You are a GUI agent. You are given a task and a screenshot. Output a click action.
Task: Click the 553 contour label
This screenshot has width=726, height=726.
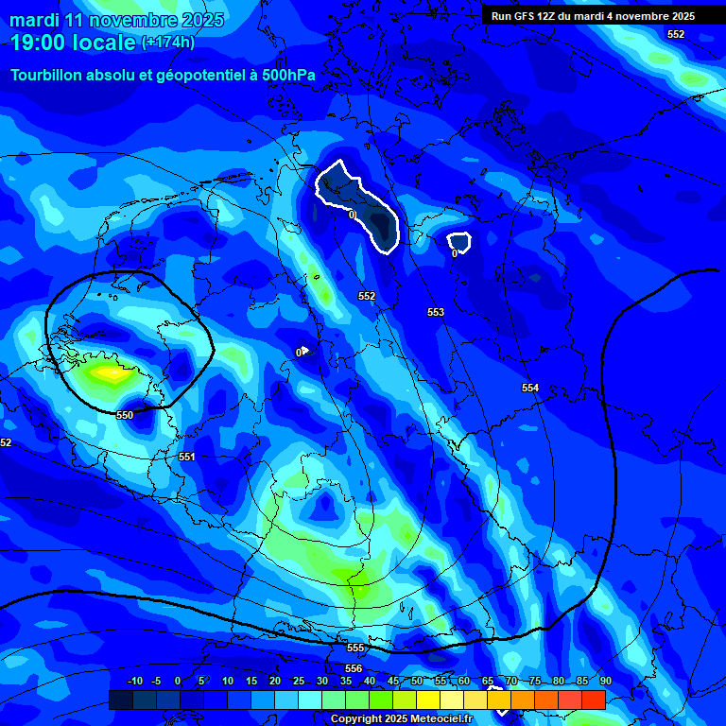pos(435,312)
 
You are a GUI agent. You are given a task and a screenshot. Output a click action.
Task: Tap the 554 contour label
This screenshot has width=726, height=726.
pos(530,388)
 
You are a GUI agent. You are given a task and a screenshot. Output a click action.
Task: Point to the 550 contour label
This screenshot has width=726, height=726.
pos(125,415)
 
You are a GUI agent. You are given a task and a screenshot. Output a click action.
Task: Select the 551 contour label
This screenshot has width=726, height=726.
pos(187,457)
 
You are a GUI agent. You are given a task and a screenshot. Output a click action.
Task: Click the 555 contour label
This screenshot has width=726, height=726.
pos(355,648)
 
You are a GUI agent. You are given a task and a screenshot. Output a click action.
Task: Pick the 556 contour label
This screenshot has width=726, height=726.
pos(354,668)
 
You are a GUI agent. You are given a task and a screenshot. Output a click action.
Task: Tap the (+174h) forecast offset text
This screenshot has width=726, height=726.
pos(168,43)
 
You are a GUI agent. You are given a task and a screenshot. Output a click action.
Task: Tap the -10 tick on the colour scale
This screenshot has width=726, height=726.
pos(134,682)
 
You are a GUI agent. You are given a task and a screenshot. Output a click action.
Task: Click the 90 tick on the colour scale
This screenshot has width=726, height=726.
pos(605,682)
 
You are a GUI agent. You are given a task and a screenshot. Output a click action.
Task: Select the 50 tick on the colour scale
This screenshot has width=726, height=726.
pos(417,682)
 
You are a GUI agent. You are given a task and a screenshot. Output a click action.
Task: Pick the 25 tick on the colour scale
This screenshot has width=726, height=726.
pos(299,682)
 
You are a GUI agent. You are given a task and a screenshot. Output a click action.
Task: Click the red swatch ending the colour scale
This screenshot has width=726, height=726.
pos(594,700)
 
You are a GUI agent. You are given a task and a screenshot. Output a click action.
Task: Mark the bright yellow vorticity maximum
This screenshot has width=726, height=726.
pos(112,373)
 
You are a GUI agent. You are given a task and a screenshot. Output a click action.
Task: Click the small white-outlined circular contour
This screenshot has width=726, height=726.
pos(458,243)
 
